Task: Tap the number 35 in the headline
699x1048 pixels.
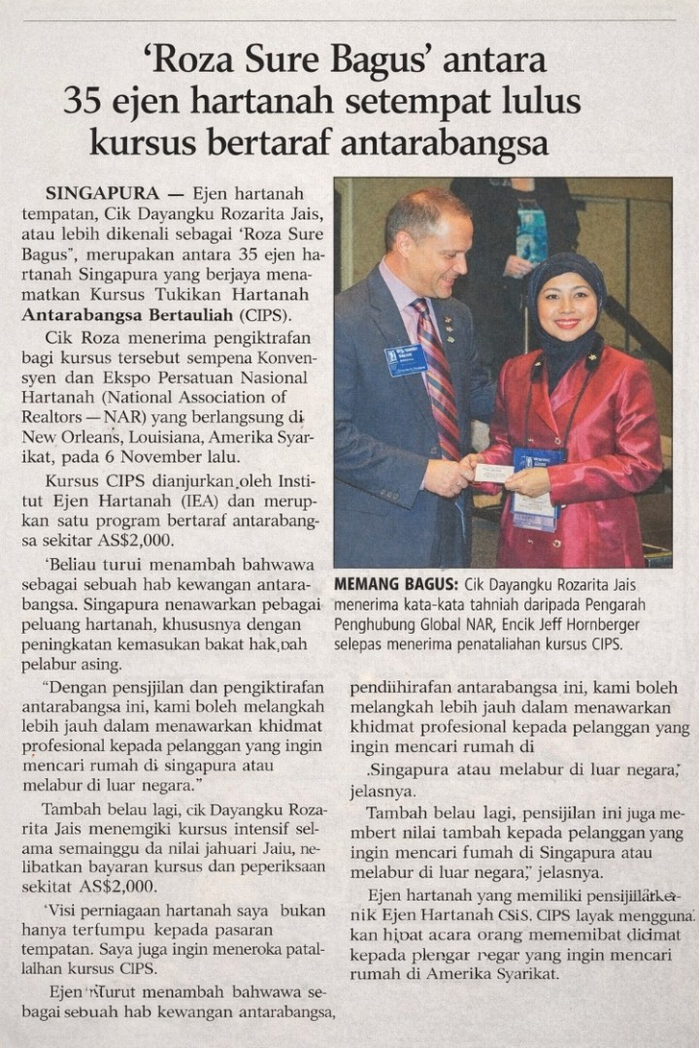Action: click(84, 102)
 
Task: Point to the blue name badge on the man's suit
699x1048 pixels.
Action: click(405, 358)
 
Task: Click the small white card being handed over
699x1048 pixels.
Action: click(494, 472)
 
